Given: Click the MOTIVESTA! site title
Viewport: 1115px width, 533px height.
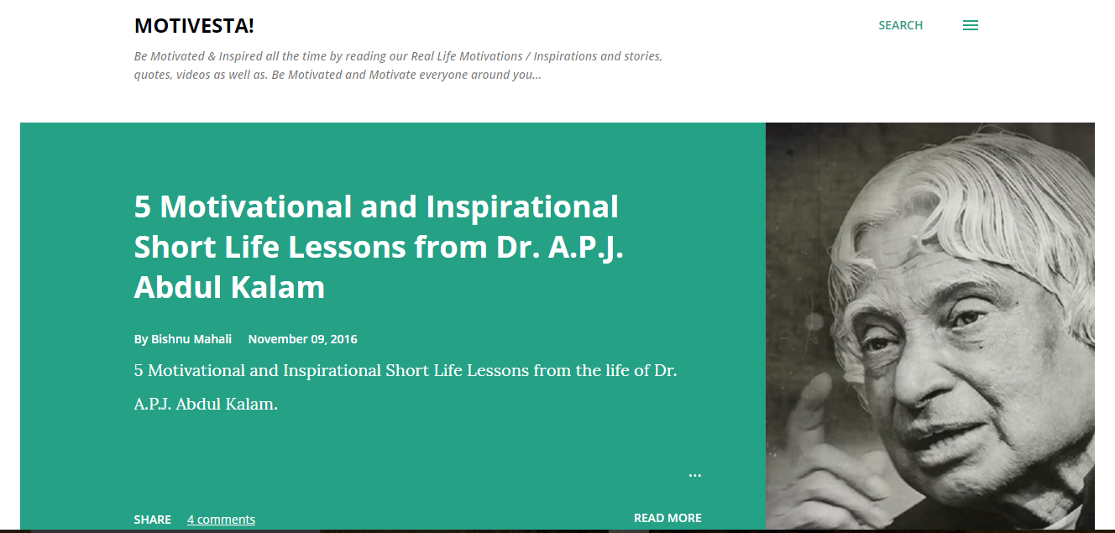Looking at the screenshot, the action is [x=194, y=26].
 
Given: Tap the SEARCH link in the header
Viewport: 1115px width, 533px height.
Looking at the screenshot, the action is [x=900, y=25].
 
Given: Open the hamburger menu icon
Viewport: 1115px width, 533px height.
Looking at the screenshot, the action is [x=970, y=25].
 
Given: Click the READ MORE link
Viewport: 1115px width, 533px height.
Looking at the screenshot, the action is [x=667, y=518].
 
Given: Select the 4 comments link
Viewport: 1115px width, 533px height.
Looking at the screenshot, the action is [x=221, y=520].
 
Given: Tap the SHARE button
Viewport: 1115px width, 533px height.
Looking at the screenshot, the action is [x=152, y=520].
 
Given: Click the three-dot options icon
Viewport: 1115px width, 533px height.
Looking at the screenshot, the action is [x=695, y=476].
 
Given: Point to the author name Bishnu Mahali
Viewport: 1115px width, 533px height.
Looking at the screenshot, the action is [x=191, y=339].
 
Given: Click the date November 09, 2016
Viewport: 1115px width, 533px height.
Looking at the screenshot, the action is [x=302, y=339].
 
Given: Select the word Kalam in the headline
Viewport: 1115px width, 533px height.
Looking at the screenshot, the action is [x=277, y=287].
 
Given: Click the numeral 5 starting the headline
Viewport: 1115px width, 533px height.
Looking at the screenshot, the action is [x=143, y=206].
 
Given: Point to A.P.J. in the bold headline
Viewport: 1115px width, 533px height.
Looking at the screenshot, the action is [x=585, y=248].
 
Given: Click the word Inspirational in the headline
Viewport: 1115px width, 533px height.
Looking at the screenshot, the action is [x=522, y=207].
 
